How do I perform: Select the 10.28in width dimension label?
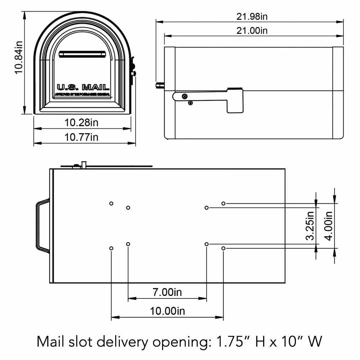click(81, 122)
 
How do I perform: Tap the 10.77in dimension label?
click(81, 137)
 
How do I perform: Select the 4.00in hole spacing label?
click(328, 226)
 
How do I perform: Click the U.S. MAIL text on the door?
click(83, 87)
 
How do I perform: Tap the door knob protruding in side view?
click(159, 86)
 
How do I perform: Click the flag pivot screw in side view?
click(184, 96)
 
